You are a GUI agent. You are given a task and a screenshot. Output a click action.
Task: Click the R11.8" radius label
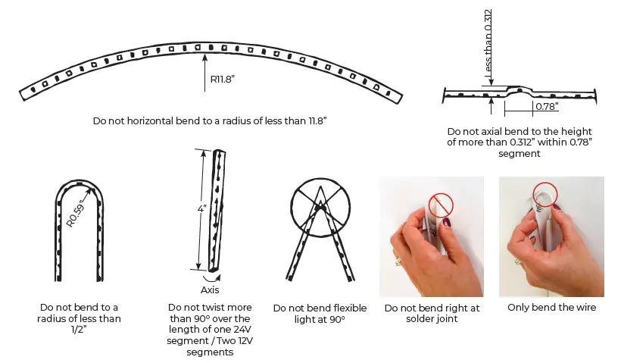tap(223, 79)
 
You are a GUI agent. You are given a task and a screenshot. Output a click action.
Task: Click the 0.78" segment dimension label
tap(545, 107)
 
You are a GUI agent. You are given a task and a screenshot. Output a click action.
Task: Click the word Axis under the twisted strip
tap(210, 289)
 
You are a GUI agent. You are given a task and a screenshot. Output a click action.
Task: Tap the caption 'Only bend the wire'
tap(551, 307)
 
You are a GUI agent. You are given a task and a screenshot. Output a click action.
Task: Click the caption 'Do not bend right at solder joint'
tap(431, 314)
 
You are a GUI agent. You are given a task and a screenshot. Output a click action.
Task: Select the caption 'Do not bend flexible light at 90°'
tap(320, 314)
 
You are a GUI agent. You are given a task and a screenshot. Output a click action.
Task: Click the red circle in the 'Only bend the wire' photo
tap(545, 193)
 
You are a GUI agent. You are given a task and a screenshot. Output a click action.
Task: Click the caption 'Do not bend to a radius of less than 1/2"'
tap(80, 319)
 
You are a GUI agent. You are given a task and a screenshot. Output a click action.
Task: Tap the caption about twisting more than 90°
tap(210, 330)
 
